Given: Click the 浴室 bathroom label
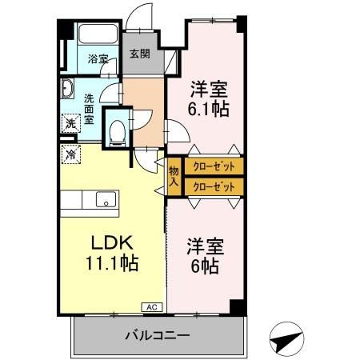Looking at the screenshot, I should click(x=98, y=58).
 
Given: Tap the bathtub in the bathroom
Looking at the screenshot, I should click(x=98, y=38).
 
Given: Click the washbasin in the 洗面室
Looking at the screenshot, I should click(x=66, y=87).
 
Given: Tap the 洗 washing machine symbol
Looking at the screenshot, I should click(x=70, y=123).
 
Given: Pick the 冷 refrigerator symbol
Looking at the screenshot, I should click(x=71, y=154).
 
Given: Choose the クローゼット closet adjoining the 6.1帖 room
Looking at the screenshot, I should click(x=214, y=167).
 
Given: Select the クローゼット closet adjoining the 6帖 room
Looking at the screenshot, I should click(x=214, y=187).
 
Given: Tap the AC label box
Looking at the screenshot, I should click(x=150, y=306).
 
